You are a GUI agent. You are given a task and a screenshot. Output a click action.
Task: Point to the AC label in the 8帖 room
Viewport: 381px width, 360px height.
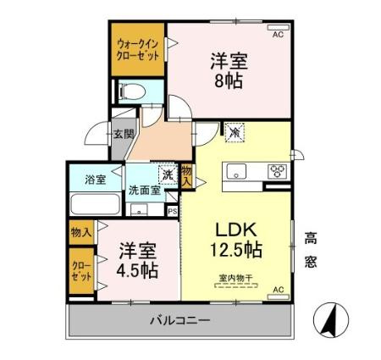[278, 35]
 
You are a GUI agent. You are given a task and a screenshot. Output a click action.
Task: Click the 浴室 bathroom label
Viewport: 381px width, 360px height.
[93, 179]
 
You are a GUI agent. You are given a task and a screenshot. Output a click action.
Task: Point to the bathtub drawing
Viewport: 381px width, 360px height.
[92, 203]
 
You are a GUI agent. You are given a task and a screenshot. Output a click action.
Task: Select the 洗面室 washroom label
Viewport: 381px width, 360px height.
[145, 191]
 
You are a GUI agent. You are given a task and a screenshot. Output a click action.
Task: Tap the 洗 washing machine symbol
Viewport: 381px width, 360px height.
[168, 174]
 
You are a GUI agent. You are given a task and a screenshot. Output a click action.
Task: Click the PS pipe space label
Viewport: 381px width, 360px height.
[171, 212]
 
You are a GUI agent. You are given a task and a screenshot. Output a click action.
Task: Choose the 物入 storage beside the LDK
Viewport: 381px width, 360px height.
[187, 175]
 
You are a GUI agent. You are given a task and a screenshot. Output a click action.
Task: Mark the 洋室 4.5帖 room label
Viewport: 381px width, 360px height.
[136, 259]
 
